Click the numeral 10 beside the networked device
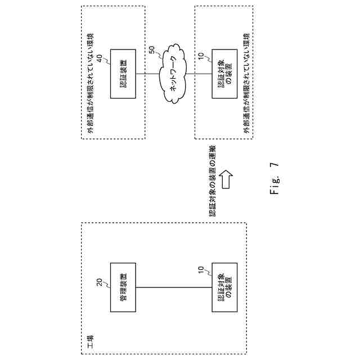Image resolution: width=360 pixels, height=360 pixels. coord(201,57)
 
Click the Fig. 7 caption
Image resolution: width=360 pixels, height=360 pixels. coord(274,181)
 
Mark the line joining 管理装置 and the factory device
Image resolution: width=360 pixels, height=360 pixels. coord(174,287)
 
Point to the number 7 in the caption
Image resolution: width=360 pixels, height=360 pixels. coord(274,166)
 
